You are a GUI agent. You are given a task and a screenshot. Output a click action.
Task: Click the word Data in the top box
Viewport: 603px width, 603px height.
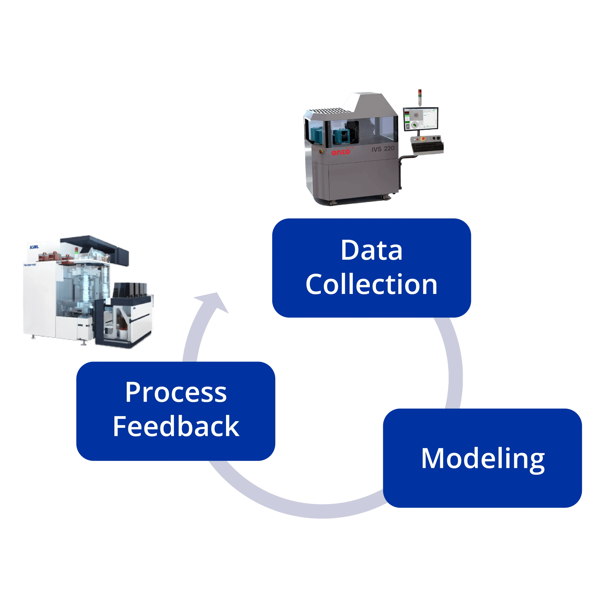(371, 251)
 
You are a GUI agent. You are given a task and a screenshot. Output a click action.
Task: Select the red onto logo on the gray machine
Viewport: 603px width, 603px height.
(340, 152)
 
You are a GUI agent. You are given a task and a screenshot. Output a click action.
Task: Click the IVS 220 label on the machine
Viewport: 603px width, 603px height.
(383, 149)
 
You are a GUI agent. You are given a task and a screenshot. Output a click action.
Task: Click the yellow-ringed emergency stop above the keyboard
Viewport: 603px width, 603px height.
(423, 139)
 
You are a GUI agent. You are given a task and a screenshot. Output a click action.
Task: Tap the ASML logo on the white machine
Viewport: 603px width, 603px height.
(34, 247)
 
